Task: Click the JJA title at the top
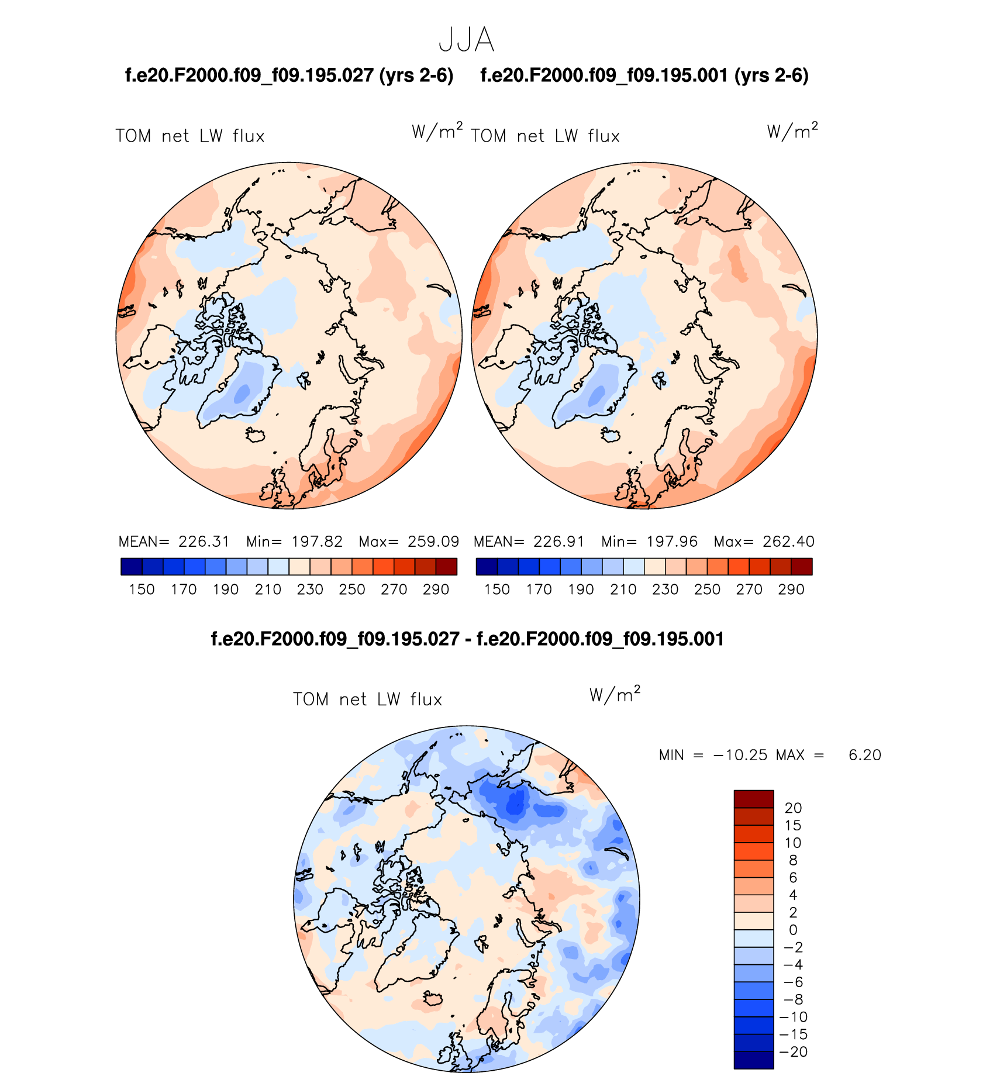[x=466, y=40]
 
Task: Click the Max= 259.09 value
[x=409, y=542]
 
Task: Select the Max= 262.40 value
[x=764, y=542]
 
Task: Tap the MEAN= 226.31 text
[x=174, y=542]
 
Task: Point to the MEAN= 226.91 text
[x=529, y=542]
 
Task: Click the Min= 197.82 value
[x=294, y=542]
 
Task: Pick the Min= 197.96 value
[x=649, y=542]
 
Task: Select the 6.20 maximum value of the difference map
[x=864, y=755]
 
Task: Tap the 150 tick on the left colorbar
[x=142, y=589]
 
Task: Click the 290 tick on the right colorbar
[x=791, y=589]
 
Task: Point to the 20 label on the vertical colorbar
[x=793, y=808]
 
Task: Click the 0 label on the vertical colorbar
[x=793, y=930]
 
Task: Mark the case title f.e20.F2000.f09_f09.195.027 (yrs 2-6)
[x=289, y=75]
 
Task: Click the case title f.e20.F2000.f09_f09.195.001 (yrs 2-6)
[x=644, y=75]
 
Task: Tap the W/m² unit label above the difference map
[x=615, y=694]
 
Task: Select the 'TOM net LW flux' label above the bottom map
[x=367, y=699]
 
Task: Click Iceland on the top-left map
[x=256, y=435]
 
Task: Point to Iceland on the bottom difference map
[x=433, y=998]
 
